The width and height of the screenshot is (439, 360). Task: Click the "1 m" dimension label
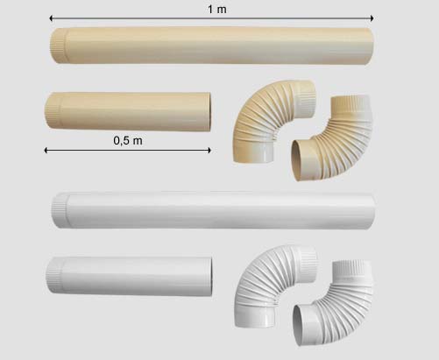coord(217,10)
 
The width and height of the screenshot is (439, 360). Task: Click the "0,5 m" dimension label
coord(128,141)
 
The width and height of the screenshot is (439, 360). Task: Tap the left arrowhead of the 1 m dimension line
coord(52,18)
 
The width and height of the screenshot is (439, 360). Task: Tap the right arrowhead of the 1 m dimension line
coord(372,18)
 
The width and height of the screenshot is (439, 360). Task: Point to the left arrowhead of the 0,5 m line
coord(46,151)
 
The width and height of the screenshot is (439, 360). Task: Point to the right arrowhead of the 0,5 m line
coord(209,151)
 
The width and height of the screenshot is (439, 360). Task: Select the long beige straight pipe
coord(212,46)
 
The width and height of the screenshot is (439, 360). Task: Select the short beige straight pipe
coord(128,111)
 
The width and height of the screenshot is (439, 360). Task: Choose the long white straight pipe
coord(213,210)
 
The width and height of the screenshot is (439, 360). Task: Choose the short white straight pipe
coord(129,276)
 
